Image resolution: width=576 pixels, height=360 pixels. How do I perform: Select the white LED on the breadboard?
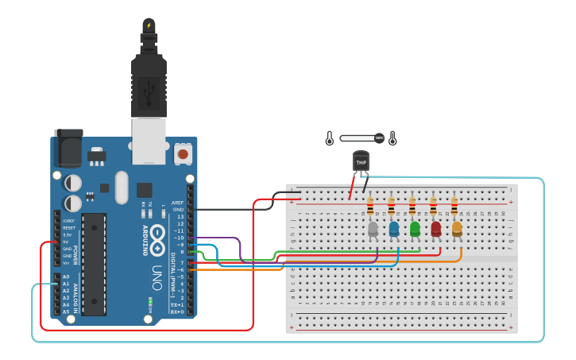[x=373, y=230]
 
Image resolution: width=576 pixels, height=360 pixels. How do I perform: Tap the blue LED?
[x=394, y=230]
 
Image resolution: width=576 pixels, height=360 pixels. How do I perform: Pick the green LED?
[x=415, y=230]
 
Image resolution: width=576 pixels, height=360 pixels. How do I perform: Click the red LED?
[x=435, y=230]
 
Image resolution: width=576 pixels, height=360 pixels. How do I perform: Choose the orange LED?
[x=457, y=230]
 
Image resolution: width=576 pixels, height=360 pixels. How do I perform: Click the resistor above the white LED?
[x=370, y=208]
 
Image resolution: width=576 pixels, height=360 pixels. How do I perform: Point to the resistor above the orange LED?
[x=454, y=208]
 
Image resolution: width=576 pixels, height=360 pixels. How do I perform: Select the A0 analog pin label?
[x=66, y=277]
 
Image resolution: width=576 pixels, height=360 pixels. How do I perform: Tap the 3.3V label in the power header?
[x=69, y=234]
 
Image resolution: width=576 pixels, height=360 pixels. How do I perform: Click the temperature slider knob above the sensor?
[x=379, y=138]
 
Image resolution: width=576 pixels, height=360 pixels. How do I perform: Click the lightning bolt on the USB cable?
[x=149, y=25]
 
